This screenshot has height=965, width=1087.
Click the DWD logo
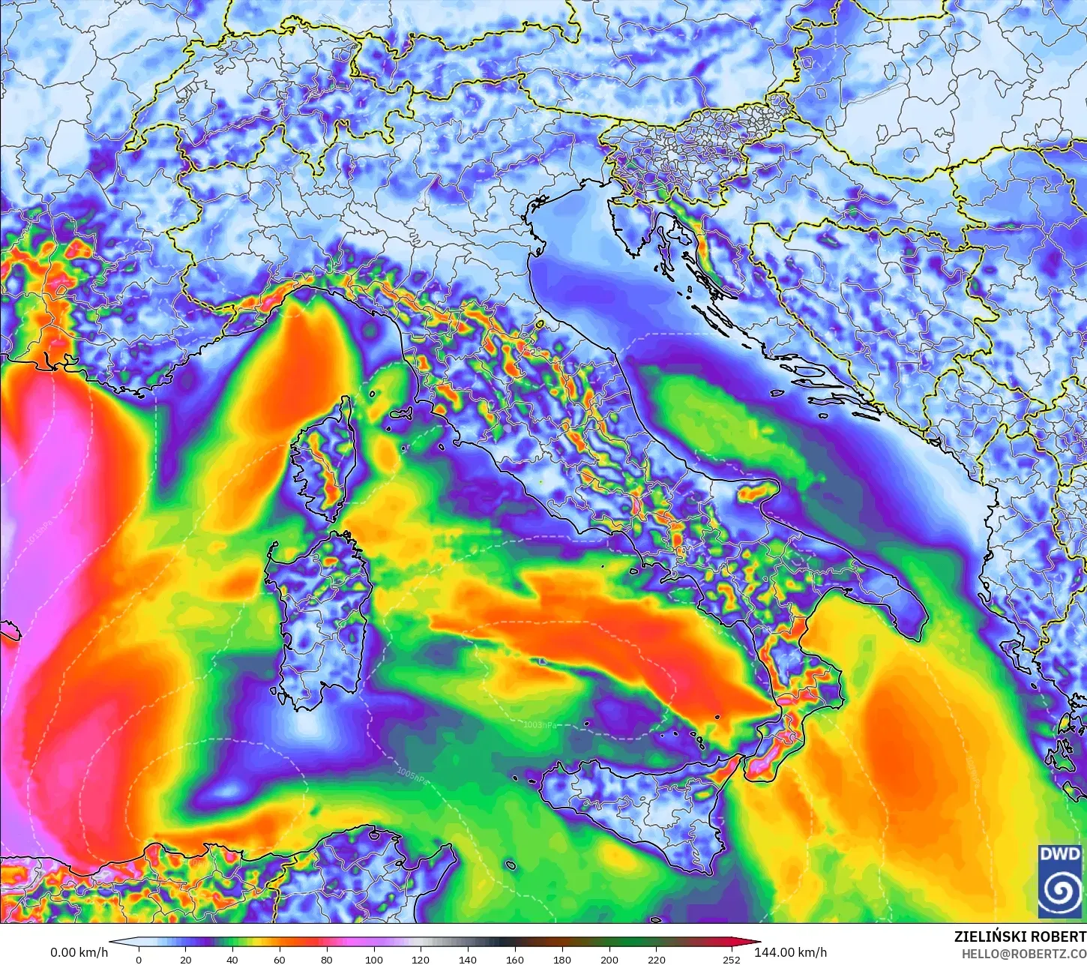pyautogui.click(x=1060, y=881)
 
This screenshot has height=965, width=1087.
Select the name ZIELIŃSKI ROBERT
pyautogui.click(x=1020, y=937)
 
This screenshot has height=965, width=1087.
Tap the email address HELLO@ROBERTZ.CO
pyautogui.click(x=1024, y=953)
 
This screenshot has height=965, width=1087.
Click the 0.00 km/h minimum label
pyautogui.click(x=79, y=952)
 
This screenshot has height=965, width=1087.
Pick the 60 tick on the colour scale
pyautogui.click(x=280, y=959)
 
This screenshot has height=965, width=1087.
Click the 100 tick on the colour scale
pyautogui.click(x=373, y=959)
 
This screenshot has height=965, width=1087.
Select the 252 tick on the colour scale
pyautogui.click(x=731, y=959)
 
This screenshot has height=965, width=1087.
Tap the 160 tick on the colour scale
pyautogui.click(x=515, y=959)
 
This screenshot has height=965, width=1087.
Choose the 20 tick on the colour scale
pyautogui.click(x=185, y=959)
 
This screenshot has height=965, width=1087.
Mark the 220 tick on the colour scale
pyautogui.click(x=657, y=959)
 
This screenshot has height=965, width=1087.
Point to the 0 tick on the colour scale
pyautogui.click(x=139, y=959)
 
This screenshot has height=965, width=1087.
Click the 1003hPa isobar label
pyautogui.click(x=540, y=724)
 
